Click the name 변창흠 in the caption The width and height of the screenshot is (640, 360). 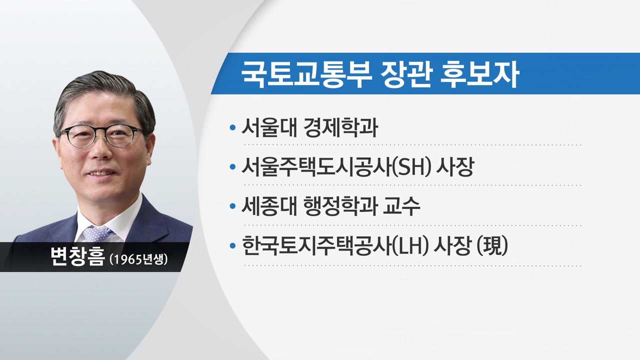pos(77,256)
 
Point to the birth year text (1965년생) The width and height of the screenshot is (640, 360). pos(138,259)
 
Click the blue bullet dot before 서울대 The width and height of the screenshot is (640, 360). pos(232,127)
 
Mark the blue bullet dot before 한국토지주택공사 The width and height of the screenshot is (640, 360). pos(232,245)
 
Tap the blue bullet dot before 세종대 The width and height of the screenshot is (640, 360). pos(232,206)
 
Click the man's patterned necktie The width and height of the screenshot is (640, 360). pos(96,233)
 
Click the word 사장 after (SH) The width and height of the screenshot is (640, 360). pos(455,167)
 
